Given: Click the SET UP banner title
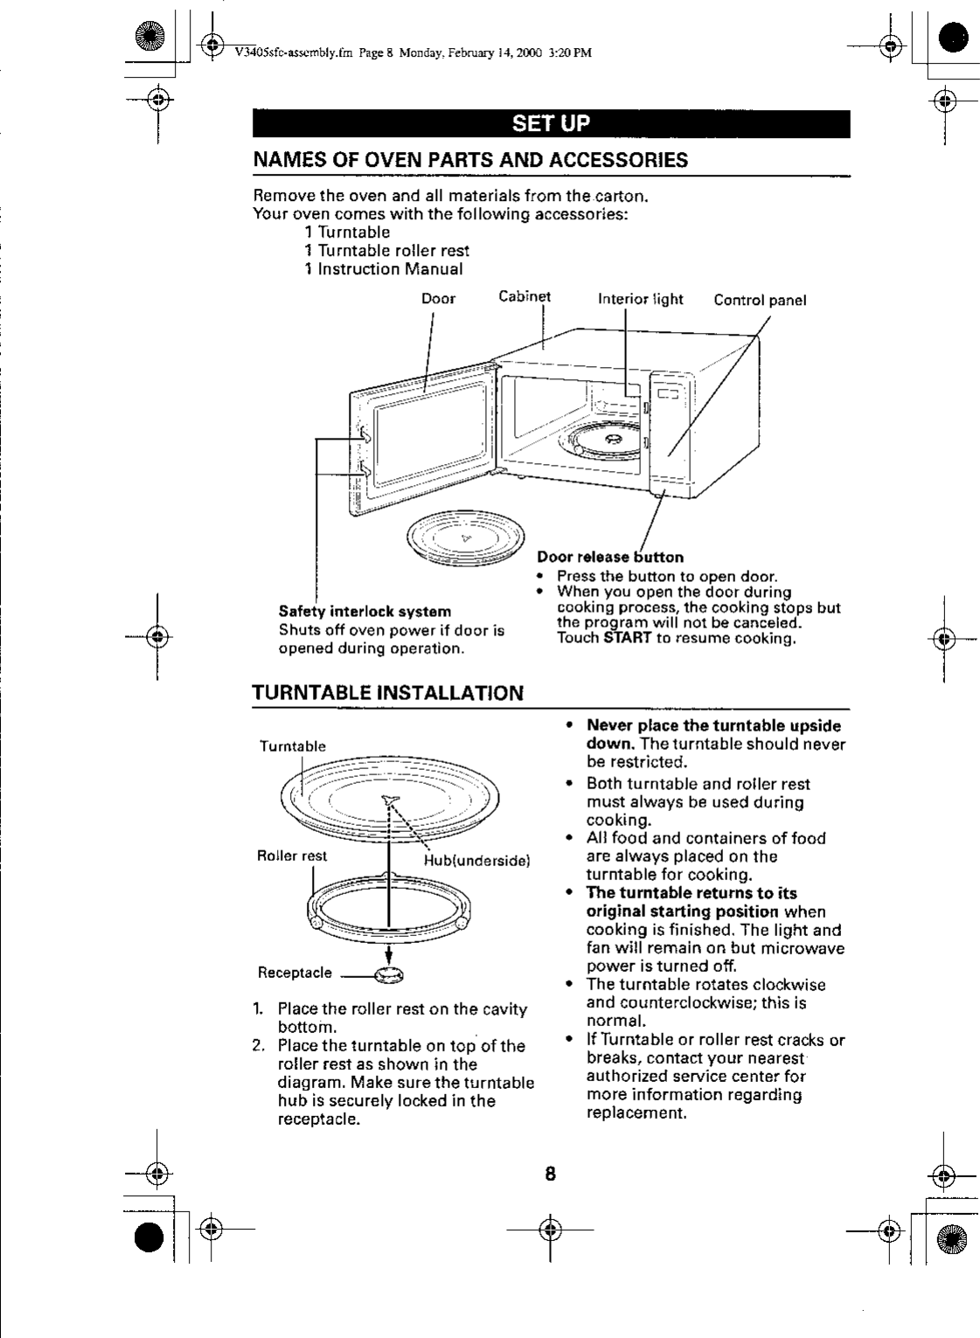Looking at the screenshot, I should pyautogui.click(x=551, y=123).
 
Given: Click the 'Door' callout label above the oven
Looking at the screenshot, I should pyautogui.click(x=438, y=299).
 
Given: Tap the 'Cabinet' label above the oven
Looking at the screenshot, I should pyautogui.click(x=525, y=296).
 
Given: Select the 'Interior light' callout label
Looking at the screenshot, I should pyautogui.click(x=640, y=299).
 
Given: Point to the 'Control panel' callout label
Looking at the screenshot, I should pyautogui.click(x=760, y=301).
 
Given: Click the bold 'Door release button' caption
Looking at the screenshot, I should pyautogui.click(x=610, y=557).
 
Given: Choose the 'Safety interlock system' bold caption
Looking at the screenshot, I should pyautogui.click(x=365, y=612).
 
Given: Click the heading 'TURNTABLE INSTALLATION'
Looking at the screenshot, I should pyautogui.click(x=387, y=693).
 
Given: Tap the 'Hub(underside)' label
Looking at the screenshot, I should pyautogui.click(x=477, y=861).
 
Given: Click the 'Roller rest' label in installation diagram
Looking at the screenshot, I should pyautogui.click(x=292, y=856).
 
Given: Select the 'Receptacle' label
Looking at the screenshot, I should pyautogui.click(x=295, y=973).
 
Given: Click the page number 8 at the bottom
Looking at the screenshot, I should pyautogui.click(x=551, y=1173).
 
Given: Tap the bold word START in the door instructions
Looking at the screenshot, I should pyautogui.click(x=627, y=639).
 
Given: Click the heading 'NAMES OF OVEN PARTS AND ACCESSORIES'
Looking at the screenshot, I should pyautogui.click(x=470, y=161).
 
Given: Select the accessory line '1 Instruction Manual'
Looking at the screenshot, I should pyautogui.click(x=384, y=269).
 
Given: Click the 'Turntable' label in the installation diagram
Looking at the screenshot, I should pyautogui.click(x=293, y=746).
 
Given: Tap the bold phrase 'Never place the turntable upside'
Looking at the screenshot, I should pyautogui.click(x=713, y=726).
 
